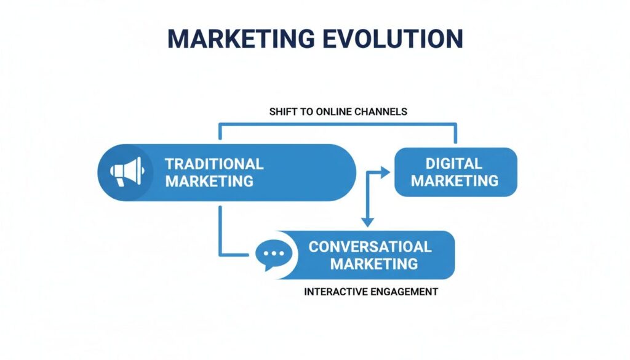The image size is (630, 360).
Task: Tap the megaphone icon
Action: tap(126, 172)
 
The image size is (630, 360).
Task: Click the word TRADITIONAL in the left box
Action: tap(214, 164)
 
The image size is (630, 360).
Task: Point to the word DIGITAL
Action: tap(454, 164)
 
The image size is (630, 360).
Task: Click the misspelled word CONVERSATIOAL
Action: tap(370, 247)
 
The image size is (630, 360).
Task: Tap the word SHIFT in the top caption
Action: tap(281, 112)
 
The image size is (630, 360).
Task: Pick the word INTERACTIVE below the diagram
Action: tap(333, 292)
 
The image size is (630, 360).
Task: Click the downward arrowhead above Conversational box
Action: tap(368, 222)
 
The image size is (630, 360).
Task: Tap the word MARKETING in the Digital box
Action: tap(454, 180)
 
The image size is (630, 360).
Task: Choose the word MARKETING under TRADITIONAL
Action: tap(209, 181)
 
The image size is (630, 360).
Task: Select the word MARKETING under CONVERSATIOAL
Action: tap(374, 264)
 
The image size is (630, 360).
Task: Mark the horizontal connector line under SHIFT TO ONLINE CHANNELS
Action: tap(338, 123)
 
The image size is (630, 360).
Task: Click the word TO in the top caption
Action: tap(303, 112)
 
